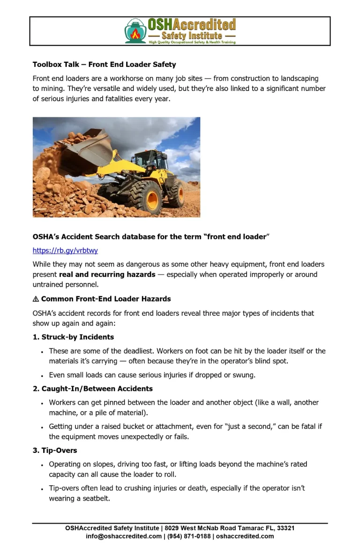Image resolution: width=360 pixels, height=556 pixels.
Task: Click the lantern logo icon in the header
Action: point(135,31)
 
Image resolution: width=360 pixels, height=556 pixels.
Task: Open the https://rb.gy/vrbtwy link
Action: point(65,251)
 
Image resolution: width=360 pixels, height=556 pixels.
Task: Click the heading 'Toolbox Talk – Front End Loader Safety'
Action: point(104,64)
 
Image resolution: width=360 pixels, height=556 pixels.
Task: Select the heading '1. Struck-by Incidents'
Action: point(73,337)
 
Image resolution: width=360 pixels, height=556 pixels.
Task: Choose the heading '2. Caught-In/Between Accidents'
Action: point(92,388)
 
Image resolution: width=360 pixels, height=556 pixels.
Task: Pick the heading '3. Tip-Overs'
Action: point(55,450)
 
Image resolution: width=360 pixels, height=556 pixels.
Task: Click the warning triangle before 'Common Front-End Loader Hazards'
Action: point(36,299)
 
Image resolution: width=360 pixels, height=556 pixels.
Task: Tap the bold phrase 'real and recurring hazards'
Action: point(107,274)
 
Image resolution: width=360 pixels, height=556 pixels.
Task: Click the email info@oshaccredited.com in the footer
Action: point(124,536)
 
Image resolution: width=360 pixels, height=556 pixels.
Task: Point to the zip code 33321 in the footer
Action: point(285,528)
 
